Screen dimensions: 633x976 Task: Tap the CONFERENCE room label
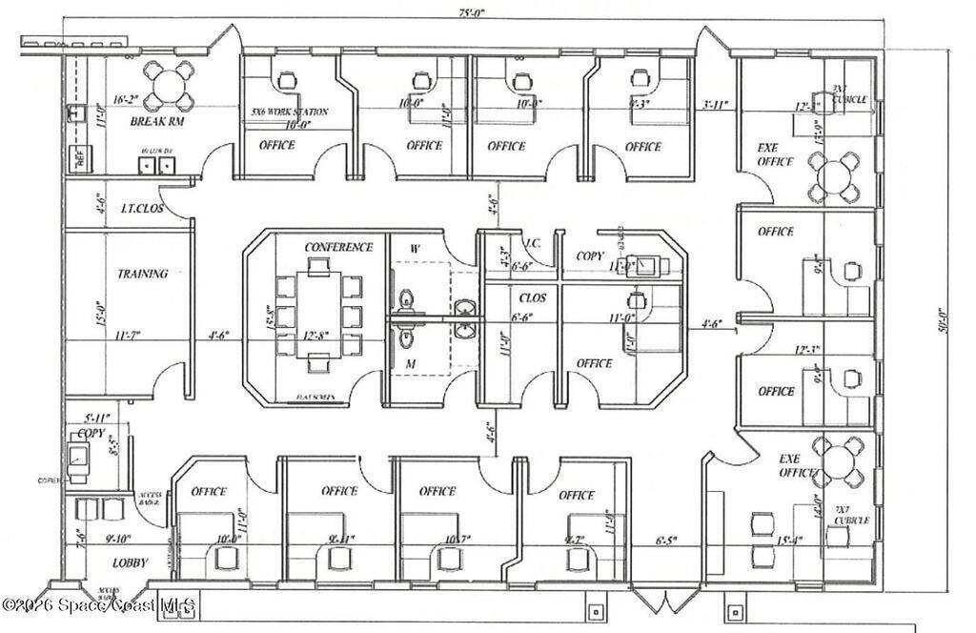pos(338,248)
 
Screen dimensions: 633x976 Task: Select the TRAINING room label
pos(142,274)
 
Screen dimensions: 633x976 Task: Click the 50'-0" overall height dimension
pos(940,324)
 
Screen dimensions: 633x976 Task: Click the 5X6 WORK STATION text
pos(290,112)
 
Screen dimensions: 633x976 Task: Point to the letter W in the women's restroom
pos(415,249)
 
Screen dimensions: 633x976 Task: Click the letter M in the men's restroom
pos(411,364)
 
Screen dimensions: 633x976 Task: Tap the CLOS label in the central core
pos(532,297)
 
